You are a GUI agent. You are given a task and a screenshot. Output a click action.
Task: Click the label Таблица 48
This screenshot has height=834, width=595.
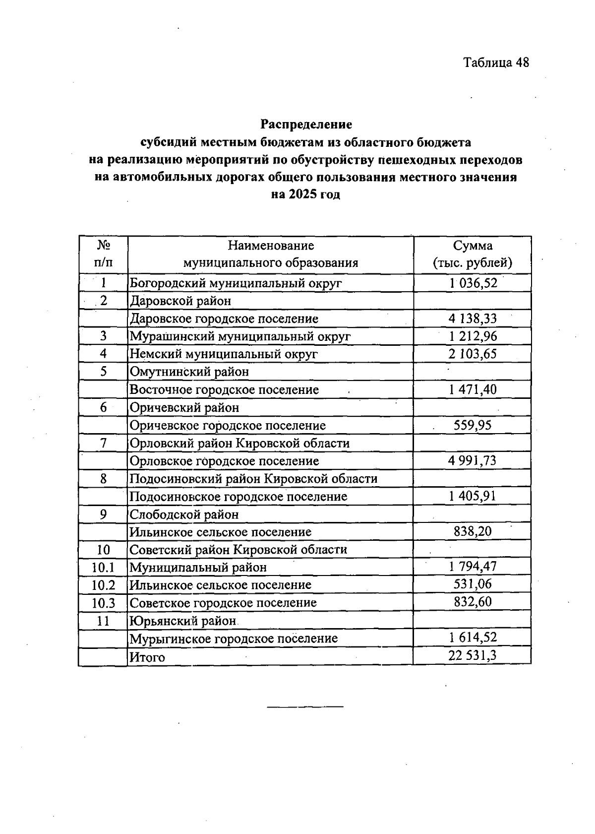[x=496, y=63]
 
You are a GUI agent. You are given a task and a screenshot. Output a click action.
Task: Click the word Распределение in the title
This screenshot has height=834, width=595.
[x=306, y=124]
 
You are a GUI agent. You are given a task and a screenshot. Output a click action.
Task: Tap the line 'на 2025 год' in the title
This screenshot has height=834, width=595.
[x=305, y=194]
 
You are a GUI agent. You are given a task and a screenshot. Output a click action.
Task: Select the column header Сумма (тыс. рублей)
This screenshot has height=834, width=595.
[x=472, y=254]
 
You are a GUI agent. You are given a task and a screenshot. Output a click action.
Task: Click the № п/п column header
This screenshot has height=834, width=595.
[x=103, y=254]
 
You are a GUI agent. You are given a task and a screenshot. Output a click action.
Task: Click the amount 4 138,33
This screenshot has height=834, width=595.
[x=472, y=319]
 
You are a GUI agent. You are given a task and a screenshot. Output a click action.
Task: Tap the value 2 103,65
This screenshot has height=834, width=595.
[x=472, y=354]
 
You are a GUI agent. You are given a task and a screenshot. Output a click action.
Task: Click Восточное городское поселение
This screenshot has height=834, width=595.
[x=224, y=390]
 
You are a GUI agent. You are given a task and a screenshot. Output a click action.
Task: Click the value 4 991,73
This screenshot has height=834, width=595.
[x=472, y=461]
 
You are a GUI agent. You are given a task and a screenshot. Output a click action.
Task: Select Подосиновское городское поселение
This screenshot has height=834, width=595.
[x=238, y=497]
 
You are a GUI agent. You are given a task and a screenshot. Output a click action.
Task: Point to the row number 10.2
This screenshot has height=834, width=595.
[x=103, y=585]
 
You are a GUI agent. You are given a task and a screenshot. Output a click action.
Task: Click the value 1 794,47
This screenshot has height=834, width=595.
[x=472, y=567]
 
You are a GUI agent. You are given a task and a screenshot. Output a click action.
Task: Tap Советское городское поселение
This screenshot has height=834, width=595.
[x=223, y=603]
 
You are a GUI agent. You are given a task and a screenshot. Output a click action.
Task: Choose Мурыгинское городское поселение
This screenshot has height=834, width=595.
[x=234, y=639]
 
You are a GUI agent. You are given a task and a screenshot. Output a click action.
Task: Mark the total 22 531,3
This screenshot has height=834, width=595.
[x=472, y=656]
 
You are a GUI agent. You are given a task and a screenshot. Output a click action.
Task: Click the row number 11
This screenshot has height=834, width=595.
[x=103, y=621]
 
